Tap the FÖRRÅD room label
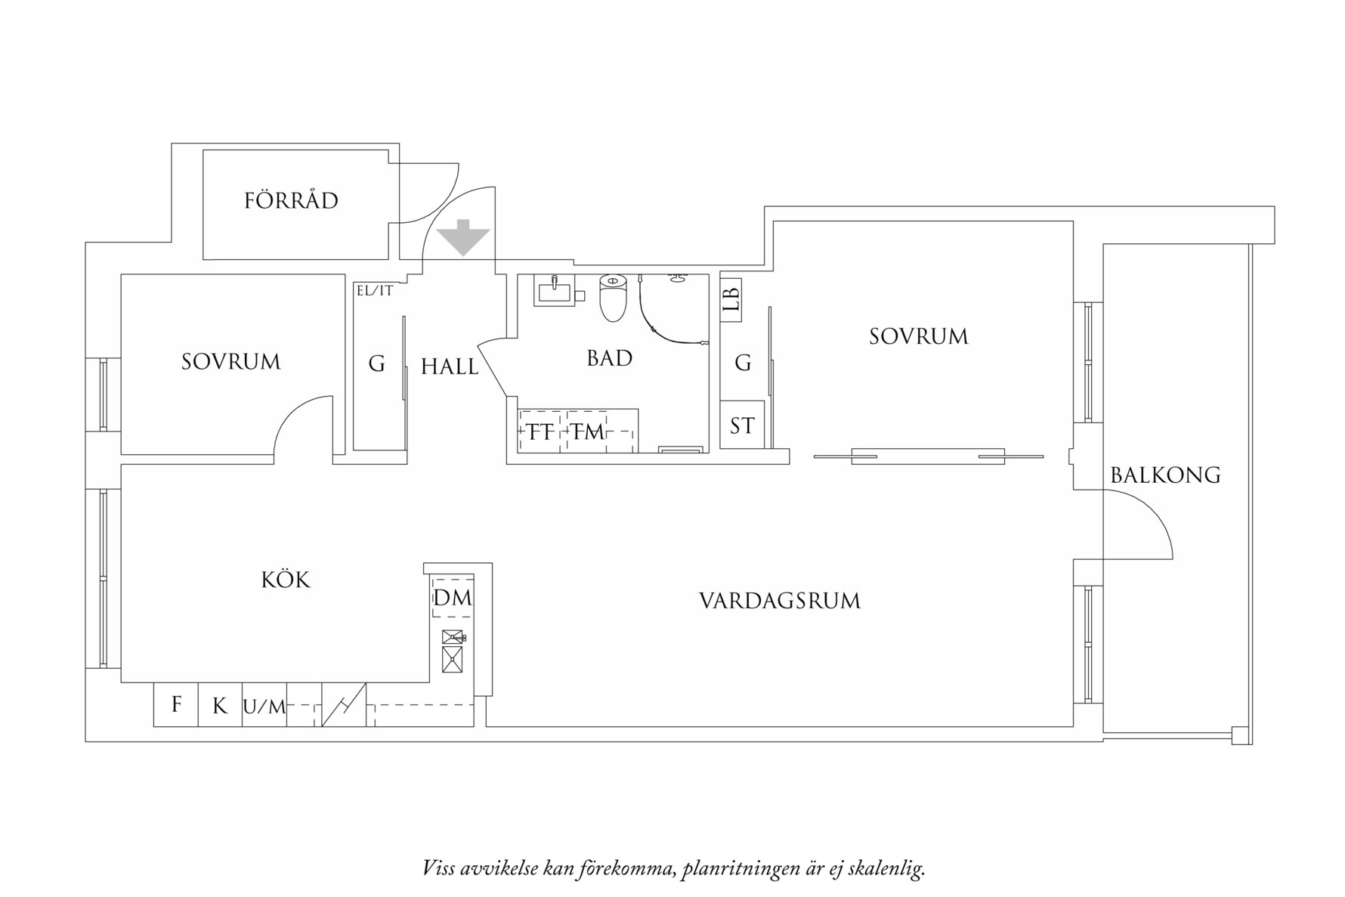click(x=291, y=201)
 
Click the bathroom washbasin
click(x=554, y=289)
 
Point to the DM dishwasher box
click(x=453, y=598)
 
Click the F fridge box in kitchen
click(x=176, y=705)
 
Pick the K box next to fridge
click(x=220, y=706)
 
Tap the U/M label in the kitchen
click(x=264, y=707)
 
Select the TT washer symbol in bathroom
click(x=540, y=431)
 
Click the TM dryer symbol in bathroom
click(x=587, y=431)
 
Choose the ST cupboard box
click(x=742, y=426)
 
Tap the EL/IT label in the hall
click(x=375, y=290)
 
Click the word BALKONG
click(x=1165, y=475)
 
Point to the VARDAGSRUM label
click(x=780, y=602)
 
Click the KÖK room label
click(x=286, y=580)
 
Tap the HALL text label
click(x=450, y=367)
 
